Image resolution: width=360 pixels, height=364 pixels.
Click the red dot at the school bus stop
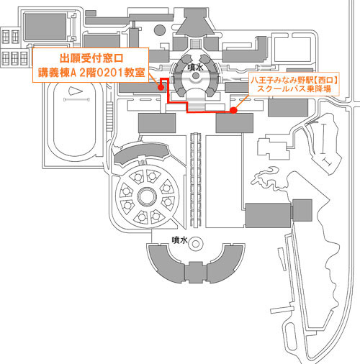(x=233, y=110)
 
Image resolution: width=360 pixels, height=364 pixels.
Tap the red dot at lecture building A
(x=161, y=88)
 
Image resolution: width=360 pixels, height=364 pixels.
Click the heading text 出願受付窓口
(x=91, y=58)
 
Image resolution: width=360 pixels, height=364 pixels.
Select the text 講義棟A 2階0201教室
(x=91, y=73)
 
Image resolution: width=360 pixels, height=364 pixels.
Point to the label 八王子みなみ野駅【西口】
(x=294, y=80)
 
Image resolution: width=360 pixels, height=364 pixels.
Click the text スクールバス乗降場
(x=294, y=89)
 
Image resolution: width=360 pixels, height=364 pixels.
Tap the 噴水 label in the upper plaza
(x=196, y=68)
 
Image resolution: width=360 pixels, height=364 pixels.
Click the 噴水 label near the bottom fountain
(x=179, y=240)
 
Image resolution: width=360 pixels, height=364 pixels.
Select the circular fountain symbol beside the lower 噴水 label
(x=196, y=244)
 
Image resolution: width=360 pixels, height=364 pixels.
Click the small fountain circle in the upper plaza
(x=196, y=76)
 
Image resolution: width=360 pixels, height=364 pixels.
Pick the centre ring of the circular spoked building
(x=147, y=196)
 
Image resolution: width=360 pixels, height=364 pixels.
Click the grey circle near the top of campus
(x=160, y=30)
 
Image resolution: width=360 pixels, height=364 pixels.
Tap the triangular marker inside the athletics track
(x=76, y=91)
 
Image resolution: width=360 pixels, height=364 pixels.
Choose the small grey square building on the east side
(x=302, y=210)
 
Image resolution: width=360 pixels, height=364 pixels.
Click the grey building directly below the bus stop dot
(x=235, y=123)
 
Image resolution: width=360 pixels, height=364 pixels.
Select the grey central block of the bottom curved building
(x=195, y=272)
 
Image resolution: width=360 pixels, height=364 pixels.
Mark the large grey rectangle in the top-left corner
(x=45, y=27)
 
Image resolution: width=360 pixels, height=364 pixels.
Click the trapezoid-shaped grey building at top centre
(x=195, y=24)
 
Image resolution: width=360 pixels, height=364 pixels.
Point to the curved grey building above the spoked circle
(x=140, y=153)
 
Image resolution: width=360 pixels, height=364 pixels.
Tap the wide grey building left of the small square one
(x=268, y=215)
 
